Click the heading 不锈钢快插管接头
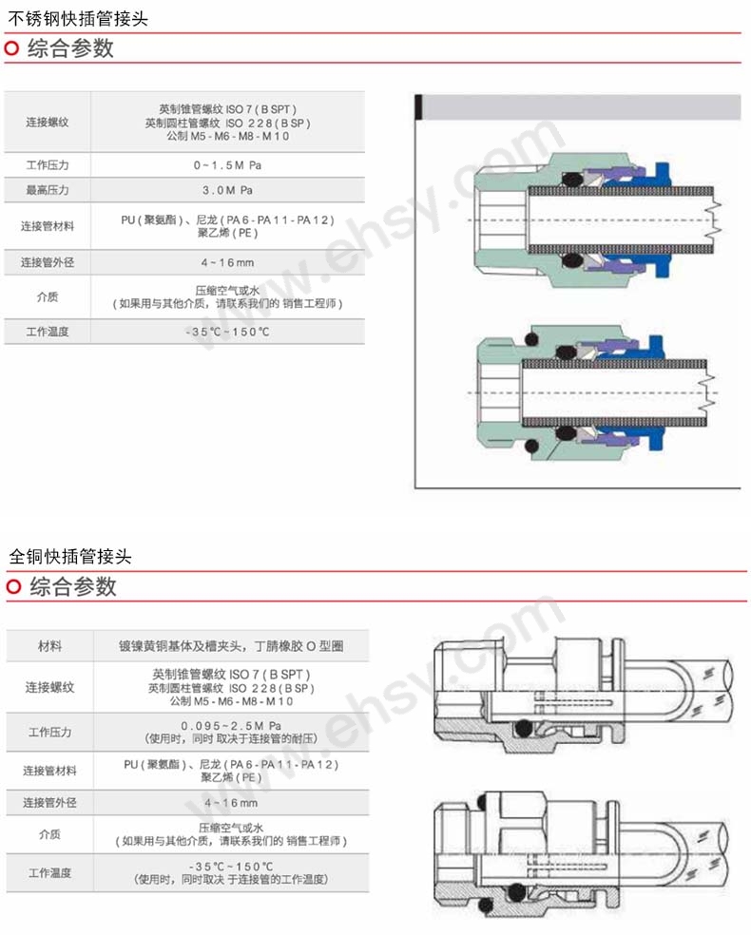tap(78, 18)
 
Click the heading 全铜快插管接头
tap(70, 556)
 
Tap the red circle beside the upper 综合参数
tap(12, 48)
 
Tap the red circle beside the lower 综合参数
tap(13, 587)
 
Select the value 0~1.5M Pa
tap(227, 165)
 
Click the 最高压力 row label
tap(48, 190)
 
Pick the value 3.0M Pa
tap(227, 190)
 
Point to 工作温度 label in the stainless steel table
tap(48, 332)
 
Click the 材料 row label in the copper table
tap(49, 646)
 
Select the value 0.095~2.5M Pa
tap(231, 726)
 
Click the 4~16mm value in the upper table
tap(227, 262)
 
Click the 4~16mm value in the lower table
tap(231, 803)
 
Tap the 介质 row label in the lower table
tap(49, 834)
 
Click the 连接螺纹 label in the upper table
tap(48, 123)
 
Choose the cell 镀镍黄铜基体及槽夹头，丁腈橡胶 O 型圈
tap(231, 646)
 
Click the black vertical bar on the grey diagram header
tap(418, 107)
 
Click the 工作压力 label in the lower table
tap(49, 732)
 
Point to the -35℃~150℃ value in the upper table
tap(227, 332)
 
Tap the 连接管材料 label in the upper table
tap(48, 226)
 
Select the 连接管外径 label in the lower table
tap(49, 803)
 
